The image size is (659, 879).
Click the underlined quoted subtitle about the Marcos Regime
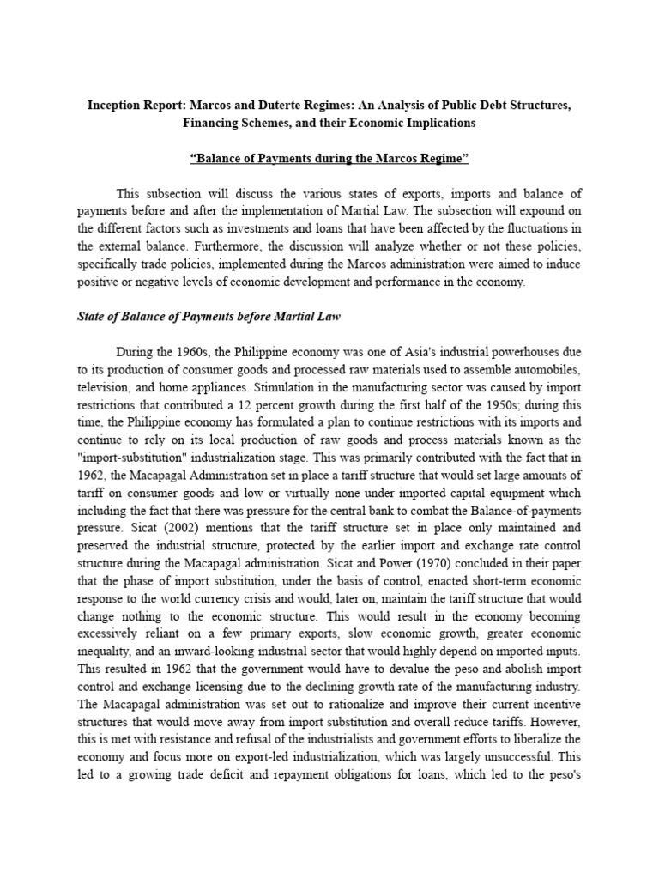pos(329,159)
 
